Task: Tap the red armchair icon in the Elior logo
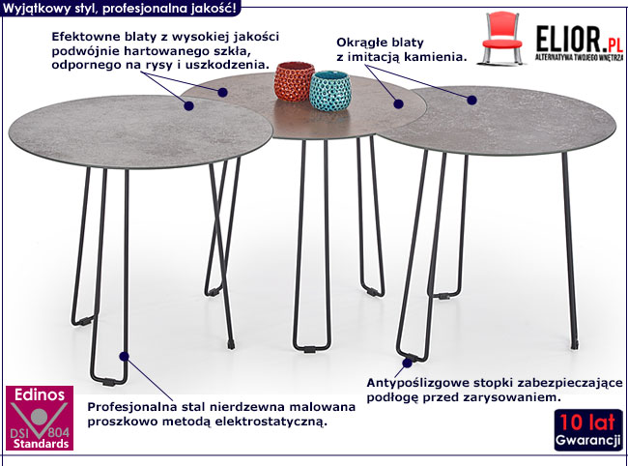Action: tap(504, 34)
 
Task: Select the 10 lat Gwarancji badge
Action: tap(588, 429)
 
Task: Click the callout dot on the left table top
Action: tap(188, 108)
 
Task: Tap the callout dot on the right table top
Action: tap(472, 99)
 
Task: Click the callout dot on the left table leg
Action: tap(124, 356)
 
